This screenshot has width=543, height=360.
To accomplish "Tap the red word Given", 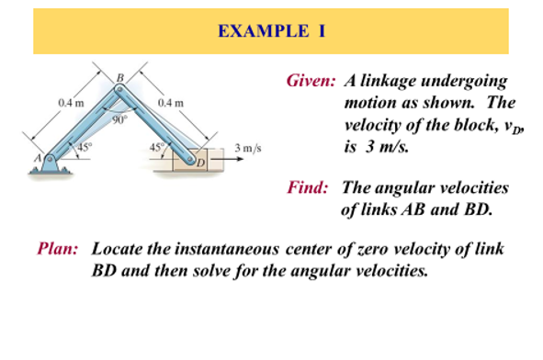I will point(310,83).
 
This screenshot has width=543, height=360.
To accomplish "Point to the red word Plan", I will point(58,249).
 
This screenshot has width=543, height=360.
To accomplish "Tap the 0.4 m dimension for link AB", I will point(69,101).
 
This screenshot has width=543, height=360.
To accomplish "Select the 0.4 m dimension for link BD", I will point(171,102).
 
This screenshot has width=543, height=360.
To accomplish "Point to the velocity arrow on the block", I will point(227,160).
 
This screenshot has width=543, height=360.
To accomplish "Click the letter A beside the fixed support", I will point(39,158).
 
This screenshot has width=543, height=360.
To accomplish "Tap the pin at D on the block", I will point(191,159).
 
